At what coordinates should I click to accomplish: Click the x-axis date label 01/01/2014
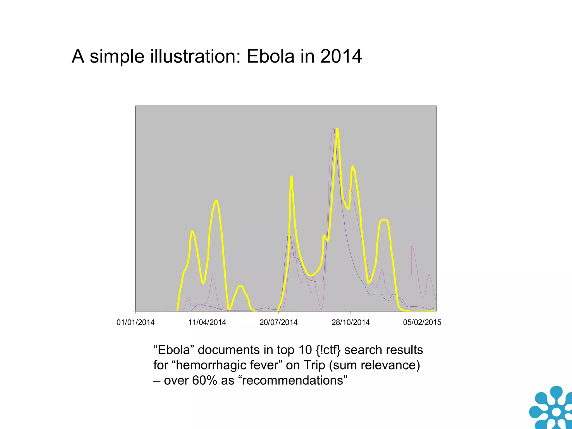coord(135,322)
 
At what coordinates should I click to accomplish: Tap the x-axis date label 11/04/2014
coord(207,322)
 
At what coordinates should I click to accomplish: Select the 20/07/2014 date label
coord(278,322)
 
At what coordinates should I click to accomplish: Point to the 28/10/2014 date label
coord(350,322)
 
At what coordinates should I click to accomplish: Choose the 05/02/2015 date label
coord(422,322)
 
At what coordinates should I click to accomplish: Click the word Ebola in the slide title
coord(270,56)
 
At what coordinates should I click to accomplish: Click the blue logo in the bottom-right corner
coord(552,409)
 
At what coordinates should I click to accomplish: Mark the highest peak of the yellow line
coord(337,130)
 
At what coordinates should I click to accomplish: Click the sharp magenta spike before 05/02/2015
coord(412,246)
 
